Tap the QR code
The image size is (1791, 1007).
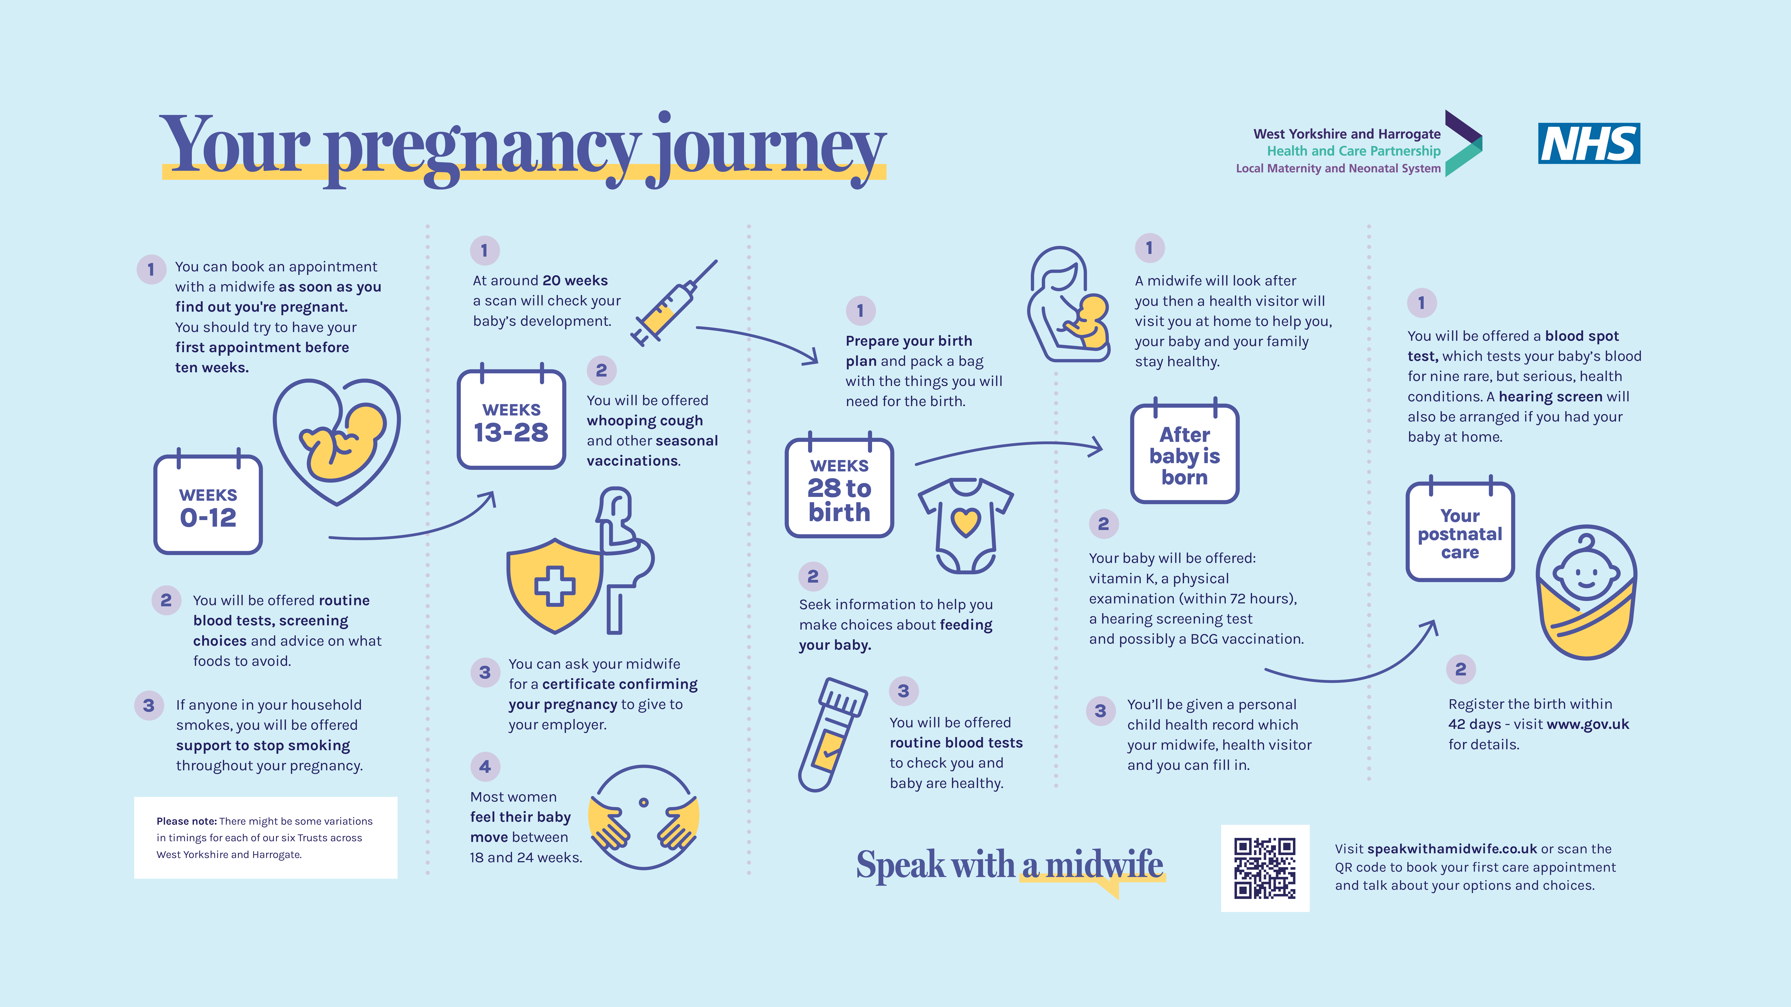tap(1265, 868)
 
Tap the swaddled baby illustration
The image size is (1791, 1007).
tap(1586, 592)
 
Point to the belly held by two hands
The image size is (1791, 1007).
tap(643, 817)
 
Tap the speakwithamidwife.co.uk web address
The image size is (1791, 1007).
tap(1452, 849)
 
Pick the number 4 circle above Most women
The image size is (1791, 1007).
tap(485, 766)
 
